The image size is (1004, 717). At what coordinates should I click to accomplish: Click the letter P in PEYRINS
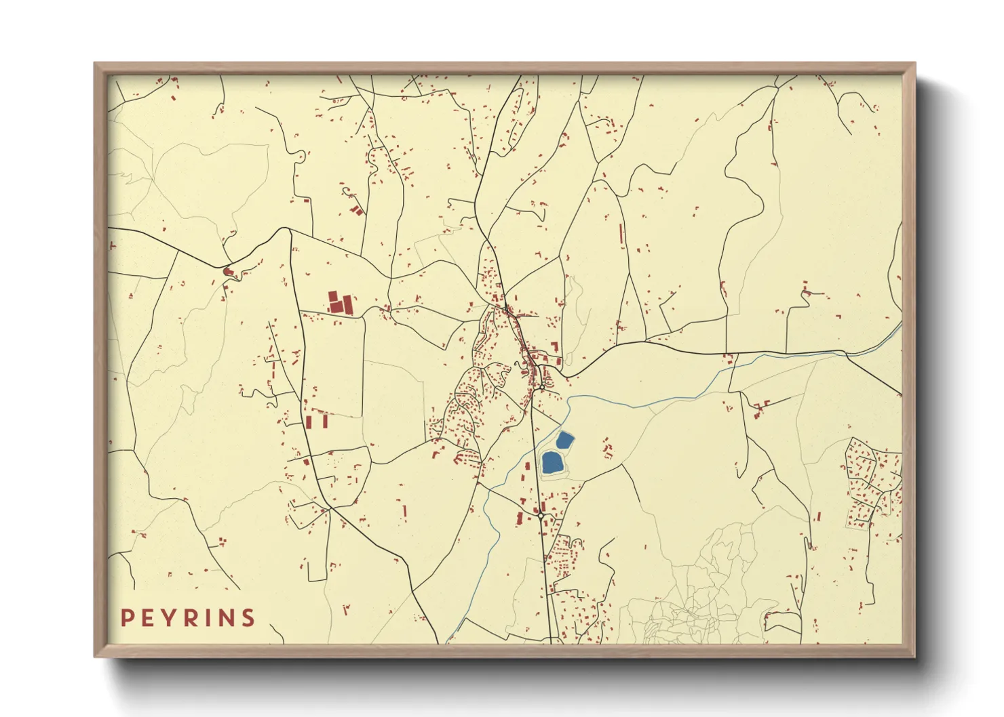tap(127, 617)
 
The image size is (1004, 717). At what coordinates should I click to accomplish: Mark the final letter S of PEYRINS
tap(249, 617)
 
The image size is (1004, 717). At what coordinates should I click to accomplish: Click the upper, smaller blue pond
tap(564, 440)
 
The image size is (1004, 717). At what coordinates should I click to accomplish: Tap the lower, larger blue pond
tap(552, 463)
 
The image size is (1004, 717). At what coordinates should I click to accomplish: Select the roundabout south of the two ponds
tap(541, 516)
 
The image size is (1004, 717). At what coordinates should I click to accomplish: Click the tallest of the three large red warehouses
tap(333, 302)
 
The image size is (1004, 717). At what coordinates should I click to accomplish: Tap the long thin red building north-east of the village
tap(621, 235)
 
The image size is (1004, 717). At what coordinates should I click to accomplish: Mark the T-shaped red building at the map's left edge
tap(113, 244)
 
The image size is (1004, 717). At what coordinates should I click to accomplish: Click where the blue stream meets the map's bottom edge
tap(447, 643)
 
